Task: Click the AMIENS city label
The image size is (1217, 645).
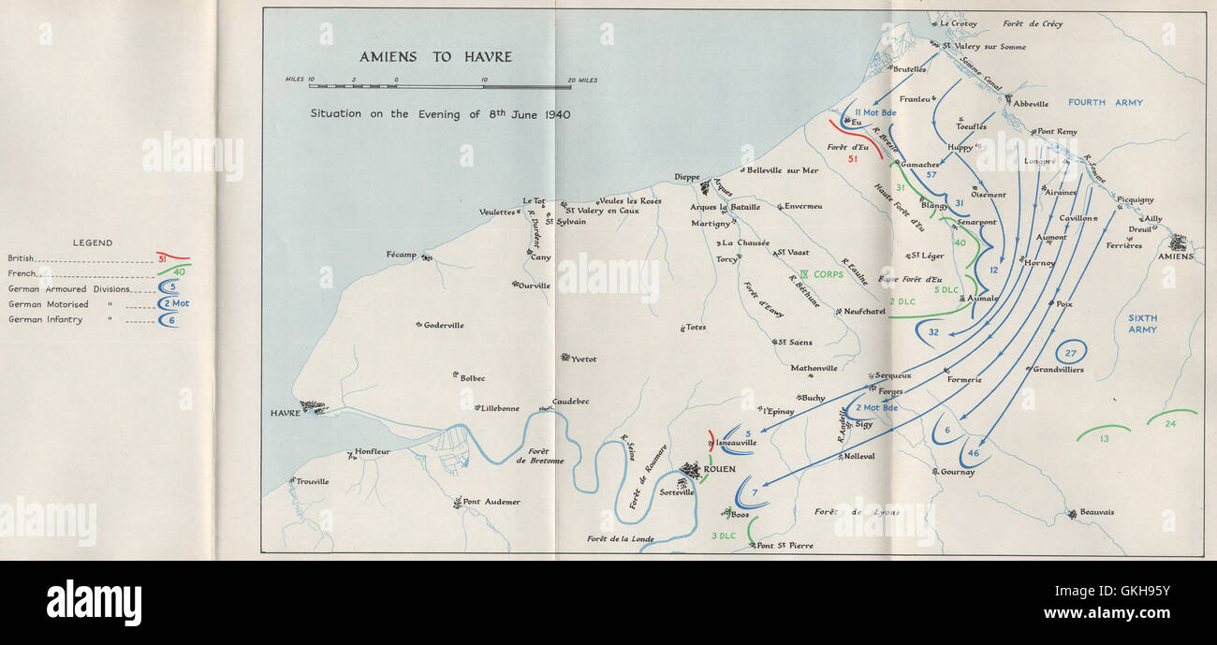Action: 1177,257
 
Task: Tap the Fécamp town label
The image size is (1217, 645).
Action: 401,255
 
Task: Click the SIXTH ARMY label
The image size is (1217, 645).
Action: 1142,324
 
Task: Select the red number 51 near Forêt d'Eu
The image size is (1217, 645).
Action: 852,159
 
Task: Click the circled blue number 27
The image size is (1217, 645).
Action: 1072,352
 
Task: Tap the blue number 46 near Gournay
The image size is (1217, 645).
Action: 974,453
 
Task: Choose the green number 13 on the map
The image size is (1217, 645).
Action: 1105,438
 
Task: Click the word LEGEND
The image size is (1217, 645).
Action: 93,242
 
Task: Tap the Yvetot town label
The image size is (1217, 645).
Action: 583,359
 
